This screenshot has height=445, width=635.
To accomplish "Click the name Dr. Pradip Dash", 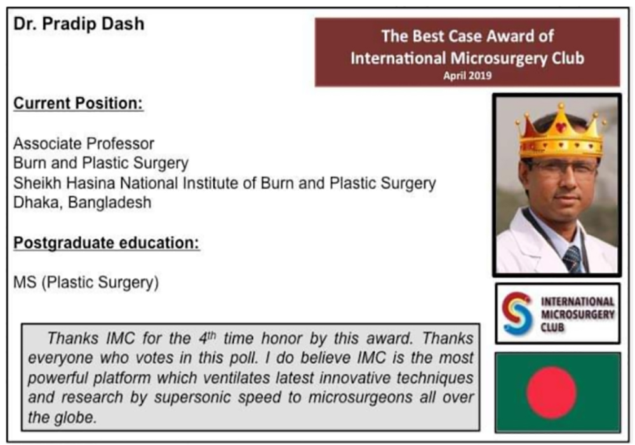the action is (79, 24).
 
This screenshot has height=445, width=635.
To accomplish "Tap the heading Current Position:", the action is (78, 104).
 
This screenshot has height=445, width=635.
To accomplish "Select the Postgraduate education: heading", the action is (107, 243).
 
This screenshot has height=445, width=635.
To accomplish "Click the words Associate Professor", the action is (84, 144).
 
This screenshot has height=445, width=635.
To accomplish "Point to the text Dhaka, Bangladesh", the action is (82, 202).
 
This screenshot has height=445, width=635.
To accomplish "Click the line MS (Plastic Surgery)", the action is (86, 282).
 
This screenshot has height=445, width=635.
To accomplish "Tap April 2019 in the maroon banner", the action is (467, 76).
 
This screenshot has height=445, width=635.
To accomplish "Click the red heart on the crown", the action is (561, 127).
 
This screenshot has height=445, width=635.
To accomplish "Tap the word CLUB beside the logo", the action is (553, 327).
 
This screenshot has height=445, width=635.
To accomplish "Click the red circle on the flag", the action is (552, 392).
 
